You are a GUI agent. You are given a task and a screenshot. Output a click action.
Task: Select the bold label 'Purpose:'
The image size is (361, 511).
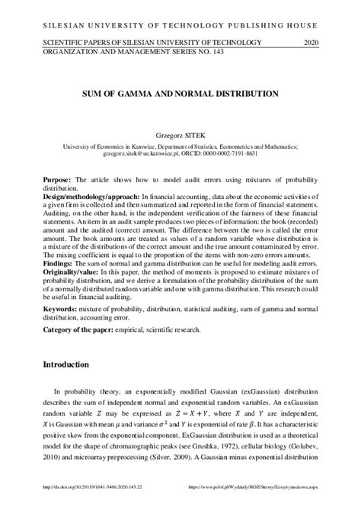tap(57, 178)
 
